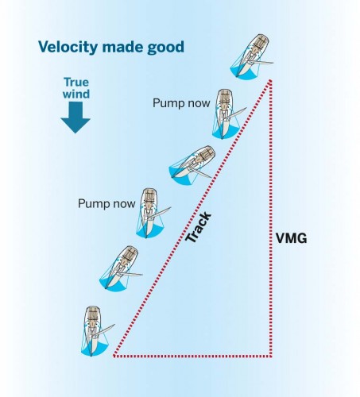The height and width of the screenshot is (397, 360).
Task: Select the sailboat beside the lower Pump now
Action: pyautogui.click(x=150, y=210)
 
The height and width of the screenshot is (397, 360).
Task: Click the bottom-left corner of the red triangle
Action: pyautogui.click(x=114, y=357)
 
